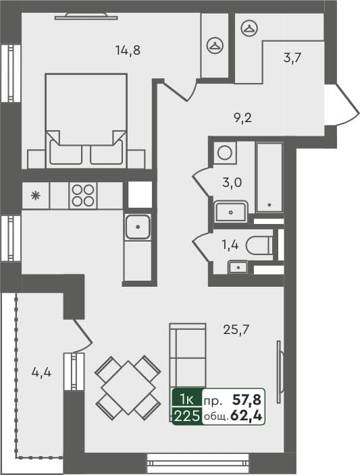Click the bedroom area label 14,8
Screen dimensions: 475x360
click(128, 49)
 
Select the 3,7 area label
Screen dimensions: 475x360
click(292, 57)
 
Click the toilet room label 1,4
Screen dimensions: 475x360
click(230, 244)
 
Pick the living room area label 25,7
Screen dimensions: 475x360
click(237, 330)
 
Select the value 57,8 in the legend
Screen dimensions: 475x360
click(247, 400)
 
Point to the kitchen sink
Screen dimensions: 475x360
click(137, 227)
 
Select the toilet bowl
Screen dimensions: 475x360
click(260, 246)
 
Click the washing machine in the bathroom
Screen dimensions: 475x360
click(225, 152)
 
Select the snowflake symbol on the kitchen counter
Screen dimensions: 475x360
click(36, 196)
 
